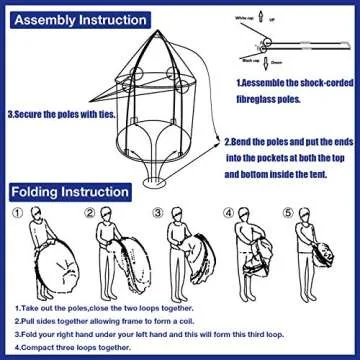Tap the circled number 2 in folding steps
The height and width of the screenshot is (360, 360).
(90, 213)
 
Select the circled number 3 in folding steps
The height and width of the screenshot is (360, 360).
(158, 213)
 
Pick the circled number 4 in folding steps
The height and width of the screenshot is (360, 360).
(229, 213)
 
